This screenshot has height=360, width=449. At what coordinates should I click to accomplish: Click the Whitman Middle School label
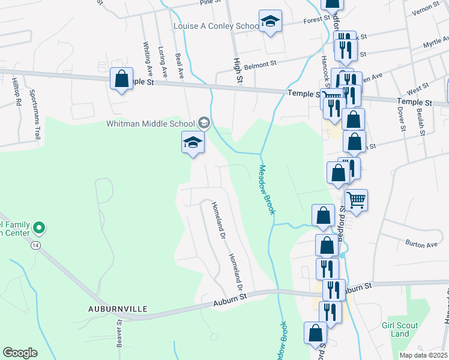(151, 124)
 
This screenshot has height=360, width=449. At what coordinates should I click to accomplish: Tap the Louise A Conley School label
(215, 26)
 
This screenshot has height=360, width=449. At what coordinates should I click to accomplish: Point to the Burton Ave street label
(422, 245)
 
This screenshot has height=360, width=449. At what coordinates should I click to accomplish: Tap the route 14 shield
(36, 246)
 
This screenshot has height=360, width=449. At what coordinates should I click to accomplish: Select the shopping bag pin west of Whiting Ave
(121, 79)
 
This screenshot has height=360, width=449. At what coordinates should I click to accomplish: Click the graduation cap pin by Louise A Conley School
(271, 22)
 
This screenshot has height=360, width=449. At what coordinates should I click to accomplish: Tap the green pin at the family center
(39, 228)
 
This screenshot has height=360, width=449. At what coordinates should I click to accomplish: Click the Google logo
(20, 353)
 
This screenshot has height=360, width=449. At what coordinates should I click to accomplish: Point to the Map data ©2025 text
(423, 355)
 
